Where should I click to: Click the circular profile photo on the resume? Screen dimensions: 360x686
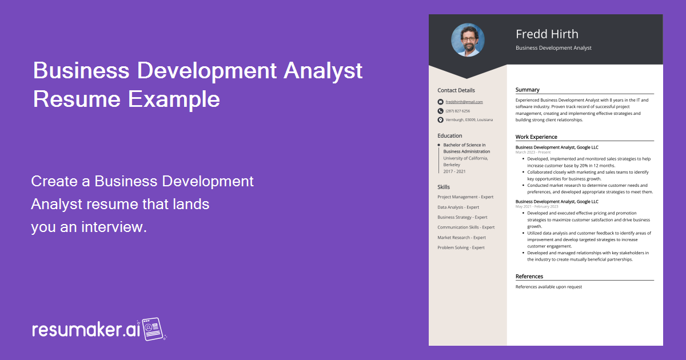point(468,40)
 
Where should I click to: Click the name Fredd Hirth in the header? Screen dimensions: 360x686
point(547,34)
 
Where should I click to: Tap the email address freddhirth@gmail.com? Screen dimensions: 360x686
point(464,102)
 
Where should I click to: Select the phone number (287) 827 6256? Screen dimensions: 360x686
point(457,111)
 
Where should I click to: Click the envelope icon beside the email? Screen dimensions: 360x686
point(440,102)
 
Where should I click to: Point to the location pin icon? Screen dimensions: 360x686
point(440,120)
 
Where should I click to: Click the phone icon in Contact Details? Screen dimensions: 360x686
point(440,111)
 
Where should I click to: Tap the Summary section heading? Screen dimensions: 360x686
point(527,90)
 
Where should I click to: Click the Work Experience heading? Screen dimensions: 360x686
point(536,137)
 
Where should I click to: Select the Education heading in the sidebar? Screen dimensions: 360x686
point(449,136)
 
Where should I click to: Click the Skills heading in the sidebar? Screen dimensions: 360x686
point(444,187)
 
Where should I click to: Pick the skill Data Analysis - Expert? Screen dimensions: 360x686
point(458,207)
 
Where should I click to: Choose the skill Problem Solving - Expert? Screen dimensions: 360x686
point(461,247)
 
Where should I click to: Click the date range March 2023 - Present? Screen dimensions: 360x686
point(533,153)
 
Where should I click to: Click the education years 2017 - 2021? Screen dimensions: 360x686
point(454,171)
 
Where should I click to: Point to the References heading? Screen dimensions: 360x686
point(529,277)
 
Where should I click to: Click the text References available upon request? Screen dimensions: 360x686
point(548,287)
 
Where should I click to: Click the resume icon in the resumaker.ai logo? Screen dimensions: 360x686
point(153,330)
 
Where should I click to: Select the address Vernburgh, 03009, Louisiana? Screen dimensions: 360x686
point(469,120)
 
